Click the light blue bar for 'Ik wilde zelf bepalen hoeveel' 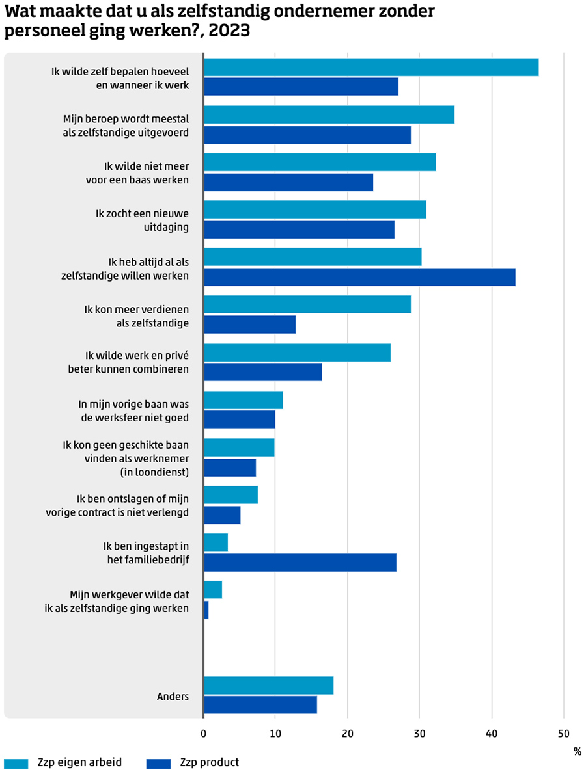371,67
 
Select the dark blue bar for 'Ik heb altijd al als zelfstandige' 359,277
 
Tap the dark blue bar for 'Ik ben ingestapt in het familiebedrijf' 300,563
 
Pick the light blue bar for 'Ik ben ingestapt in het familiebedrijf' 216,542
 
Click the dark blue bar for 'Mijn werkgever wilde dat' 206,610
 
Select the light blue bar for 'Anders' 269,685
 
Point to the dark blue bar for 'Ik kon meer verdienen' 250,325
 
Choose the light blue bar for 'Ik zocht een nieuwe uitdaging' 315,209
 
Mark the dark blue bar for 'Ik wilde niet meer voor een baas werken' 288,182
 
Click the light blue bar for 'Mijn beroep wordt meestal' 329,114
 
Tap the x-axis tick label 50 564,734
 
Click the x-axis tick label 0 204,734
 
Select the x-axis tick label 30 420,734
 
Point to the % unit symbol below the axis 577,752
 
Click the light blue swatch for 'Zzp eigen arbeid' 16,763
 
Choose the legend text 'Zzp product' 209,762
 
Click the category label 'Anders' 173,697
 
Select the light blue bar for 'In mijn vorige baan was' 244,400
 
